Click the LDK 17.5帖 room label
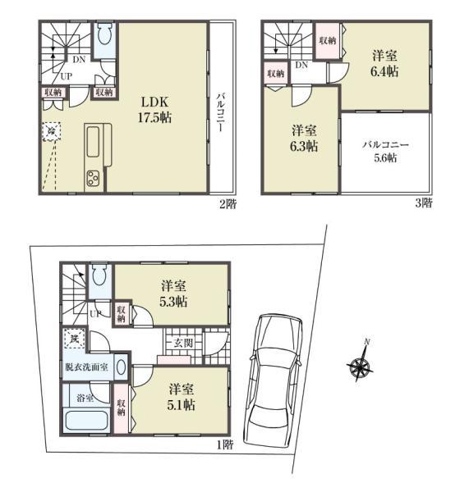[154, 109]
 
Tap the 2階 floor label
[227, 204]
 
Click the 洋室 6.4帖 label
[385, 64]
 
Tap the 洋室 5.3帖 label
[173, 294]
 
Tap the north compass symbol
[360, 363]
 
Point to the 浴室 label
[85, 399]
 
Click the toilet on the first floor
[98, 277]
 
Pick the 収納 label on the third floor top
[328, 41]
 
